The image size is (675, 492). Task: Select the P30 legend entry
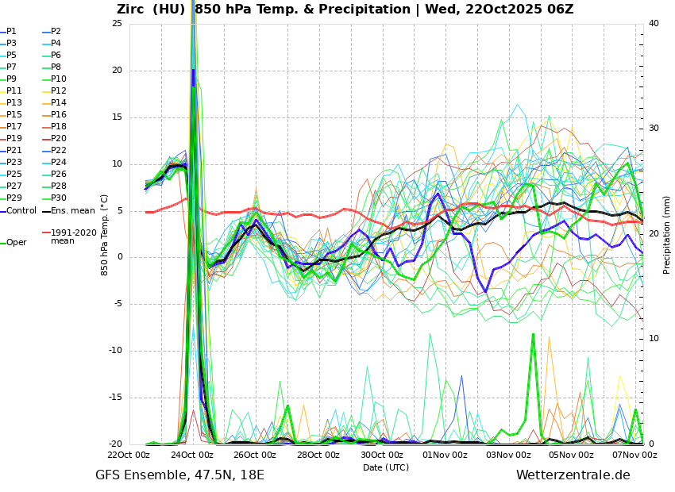[x=58, y=198]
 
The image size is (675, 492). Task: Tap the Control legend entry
[x=21, y=210]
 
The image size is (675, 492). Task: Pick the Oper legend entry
[x=16, y=242]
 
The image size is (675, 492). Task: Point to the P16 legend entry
[x=58, y=115]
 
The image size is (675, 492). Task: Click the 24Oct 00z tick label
[x=192, y=455]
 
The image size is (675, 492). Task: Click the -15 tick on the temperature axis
[x=116, y=398]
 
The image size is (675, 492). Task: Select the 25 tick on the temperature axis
[x=118, y=23]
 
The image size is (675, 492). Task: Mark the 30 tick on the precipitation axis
[x=653, y=128]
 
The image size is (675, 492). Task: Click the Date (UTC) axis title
[x=386, y=467]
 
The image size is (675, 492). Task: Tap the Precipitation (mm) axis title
[x=667, y=234]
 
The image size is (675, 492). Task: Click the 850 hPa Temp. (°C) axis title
[x=105, y=234]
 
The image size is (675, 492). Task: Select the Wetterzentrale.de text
[x=573, y=475]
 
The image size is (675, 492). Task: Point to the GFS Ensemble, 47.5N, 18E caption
[x=179, y=475]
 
